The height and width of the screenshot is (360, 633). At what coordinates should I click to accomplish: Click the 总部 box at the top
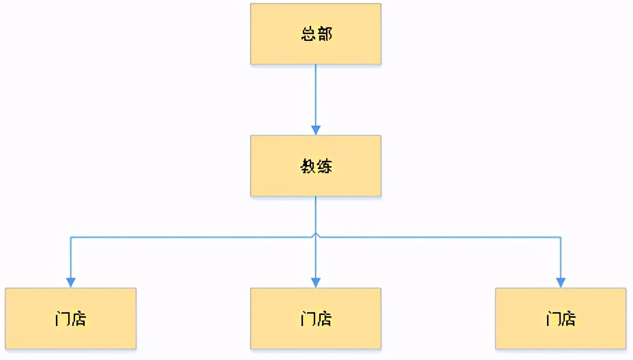tap(315, 34)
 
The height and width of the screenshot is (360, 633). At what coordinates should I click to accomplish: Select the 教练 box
tap(315, 166)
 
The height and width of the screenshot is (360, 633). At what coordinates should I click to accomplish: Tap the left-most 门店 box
tap(70, 318)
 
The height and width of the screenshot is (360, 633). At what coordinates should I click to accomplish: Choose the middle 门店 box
tap(315, 318)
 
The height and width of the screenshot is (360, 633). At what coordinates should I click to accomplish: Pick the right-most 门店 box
tap(561, 318)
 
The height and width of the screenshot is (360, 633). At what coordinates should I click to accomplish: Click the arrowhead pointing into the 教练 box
tap(315, 130)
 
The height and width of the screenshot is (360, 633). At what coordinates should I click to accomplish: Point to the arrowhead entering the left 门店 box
tap(70, 282)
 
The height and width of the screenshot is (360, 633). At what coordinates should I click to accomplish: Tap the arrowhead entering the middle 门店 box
tap(315, 282)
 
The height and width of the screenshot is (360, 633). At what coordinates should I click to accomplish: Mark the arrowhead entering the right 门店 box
tap(561, 282)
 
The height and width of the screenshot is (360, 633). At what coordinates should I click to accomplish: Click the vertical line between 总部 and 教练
tap(315, 95)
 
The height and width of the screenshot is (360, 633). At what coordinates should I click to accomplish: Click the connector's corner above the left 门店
tap(70, 237)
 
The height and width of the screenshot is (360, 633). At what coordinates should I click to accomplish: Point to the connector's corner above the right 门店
tap(561, 237)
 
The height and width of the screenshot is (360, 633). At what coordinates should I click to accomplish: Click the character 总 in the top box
tap(308, 34)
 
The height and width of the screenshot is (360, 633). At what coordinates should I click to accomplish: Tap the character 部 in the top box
tap(324, 34)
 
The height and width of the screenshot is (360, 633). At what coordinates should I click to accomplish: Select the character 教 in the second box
tap(308, 166)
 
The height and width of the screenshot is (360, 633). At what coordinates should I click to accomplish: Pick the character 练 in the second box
tap(324, 166)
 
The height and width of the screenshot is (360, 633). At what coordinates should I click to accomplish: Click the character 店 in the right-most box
tap(569, 318)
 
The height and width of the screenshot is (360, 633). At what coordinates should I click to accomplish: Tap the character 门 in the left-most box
tap(63, 318)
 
